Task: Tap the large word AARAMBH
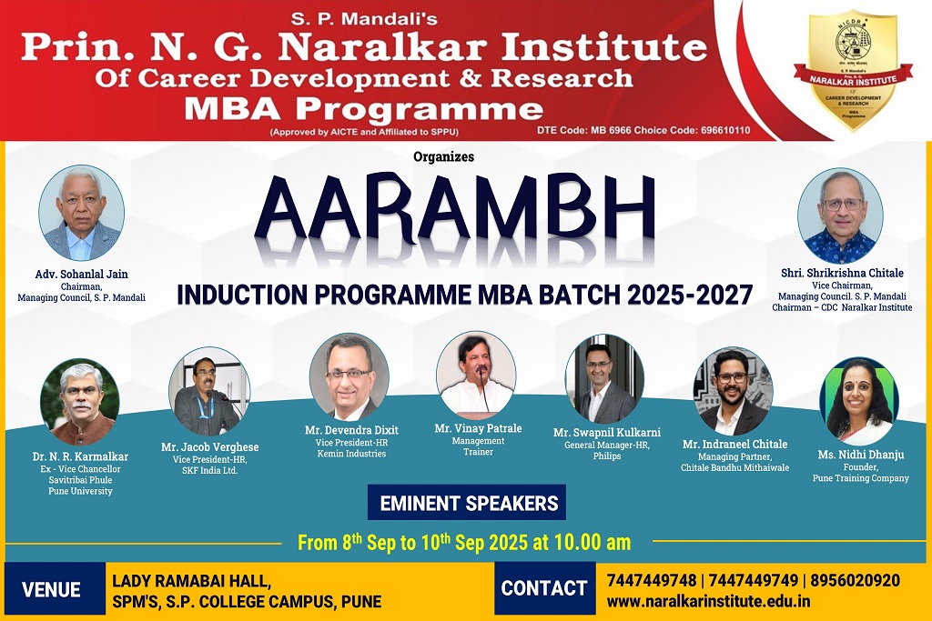pyautogui.click(x=455, y=208)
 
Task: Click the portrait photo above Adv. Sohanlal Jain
pyautogui.click(x=81, y=213)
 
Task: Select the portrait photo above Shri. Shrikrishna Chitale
pyautogui.click(x=840, y=216)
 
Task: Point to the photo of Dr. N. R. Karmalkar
pyautogui.click(x=80, y=402)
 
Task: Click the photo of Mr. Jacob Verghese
pyautogui.click(x=209, y=392)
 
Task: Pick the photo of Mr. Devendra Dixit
pyautogui.click(x=349, y=377)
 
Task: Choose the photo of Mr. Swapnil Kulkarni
pyautogui.click(x=604, y=379)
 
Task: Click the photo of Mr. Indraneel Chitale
pyautogui.click(x=734, y=391)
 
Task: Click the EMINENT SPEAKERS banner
pyautogui.click(x=467, y=503)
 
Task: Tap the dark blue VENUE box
pyautogui.click(x=55, y=589)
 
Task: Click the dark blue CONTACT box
pyautogui.click(x=544, y=588)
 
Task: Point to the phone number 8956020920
pyautogui.click(x=855, y=580)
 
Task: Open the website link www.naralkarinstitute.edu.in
pyautogui.click(x=708, y=601)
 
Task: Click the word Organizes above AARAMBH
pyautogui.click(x=443, y=156)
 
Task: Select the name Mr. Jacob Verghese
pyautogui.click(x=210, y=447)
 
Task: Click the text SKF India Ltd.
pyautogui.click(x=210, y=470)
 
